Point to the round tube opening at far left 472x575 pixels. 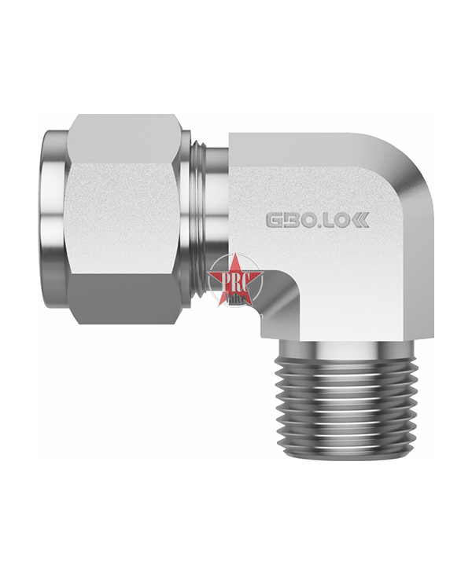(x=51, y=219)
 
